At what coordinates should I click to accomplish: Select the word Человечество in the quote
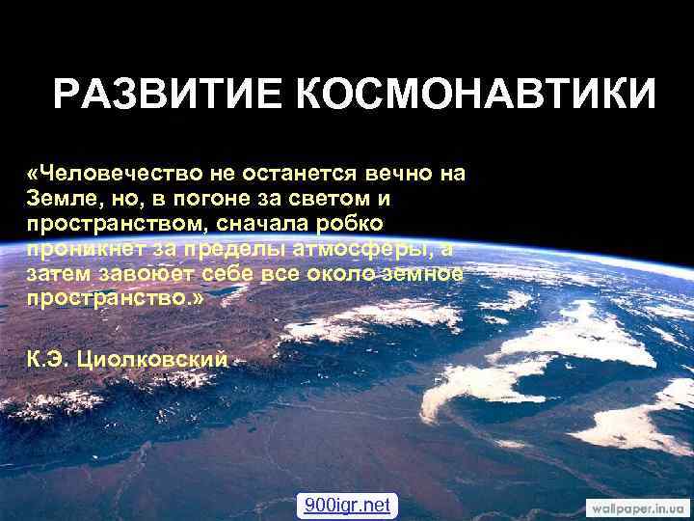pos(121,174)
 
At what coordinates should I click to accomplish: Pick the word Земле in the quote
pos(58,199)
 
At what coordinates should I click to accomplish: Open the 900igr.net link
pos(347,505)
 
